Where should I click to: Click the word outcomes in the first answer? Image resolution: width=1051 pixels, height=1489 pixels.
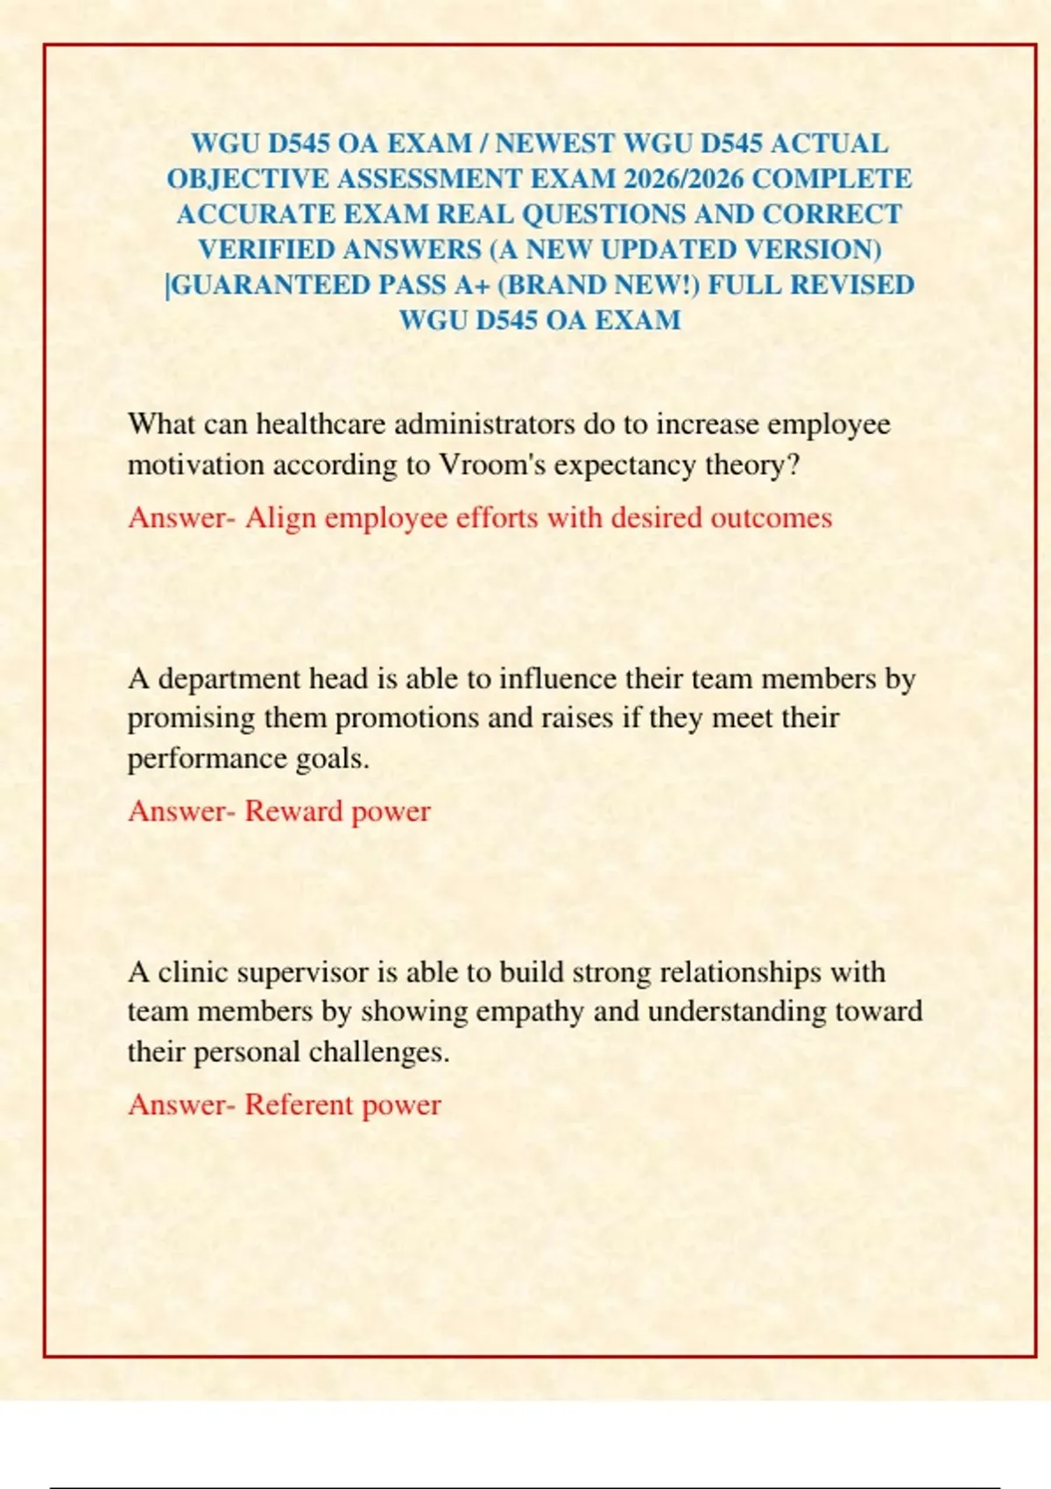771,517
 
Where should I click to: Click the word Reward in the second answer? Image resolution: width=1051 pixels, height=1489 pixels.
293,811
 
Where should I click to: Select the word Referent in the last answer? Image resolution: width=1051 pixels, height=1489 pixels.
298,1104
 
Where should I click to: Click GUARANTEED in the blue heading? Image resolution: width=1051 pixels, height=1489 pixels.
269,286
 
